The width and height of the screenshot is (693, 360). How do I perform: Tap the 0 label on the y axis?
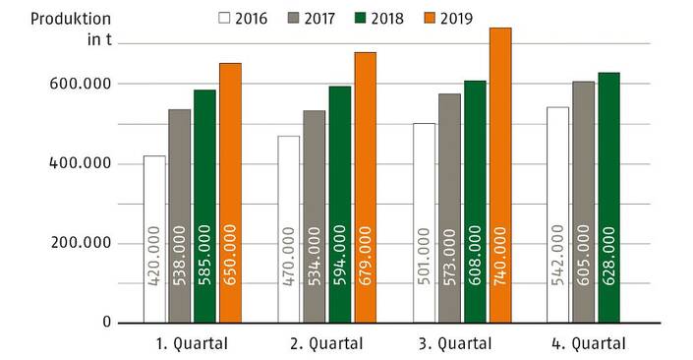coord(106,323)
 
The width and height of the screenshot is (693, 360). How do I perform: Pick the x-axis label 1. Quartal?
coord(193,343)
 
